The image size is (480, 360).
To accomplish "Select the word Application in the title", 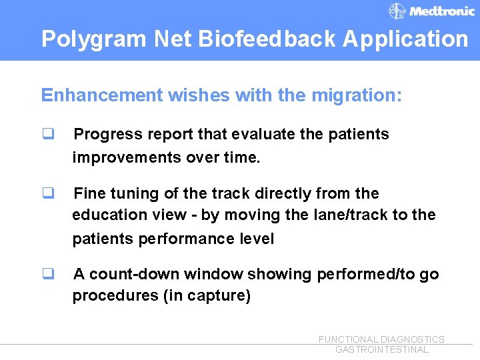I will (x=405, y=39).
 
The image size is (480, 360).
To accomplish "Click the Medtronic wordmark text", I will (x=442, y=11).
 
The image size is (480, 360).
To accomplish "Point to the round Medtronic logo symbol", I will (x=397, y=11).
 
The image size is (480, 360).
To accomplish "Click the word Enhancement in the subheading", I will (x=101, y=95).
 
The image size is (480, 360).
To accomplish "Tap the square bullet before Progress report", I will (x=48, y=134).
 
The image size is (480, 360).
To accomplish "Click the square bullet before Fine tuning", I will (x=48, y=193).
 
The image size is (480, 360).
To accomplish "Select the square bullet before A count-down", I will (x=48, y=274).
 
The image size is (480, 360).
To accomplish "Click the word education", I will (x=109, y=215).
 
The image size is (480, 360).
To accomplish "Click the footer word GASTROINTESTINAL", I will (x=382, y=350).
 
